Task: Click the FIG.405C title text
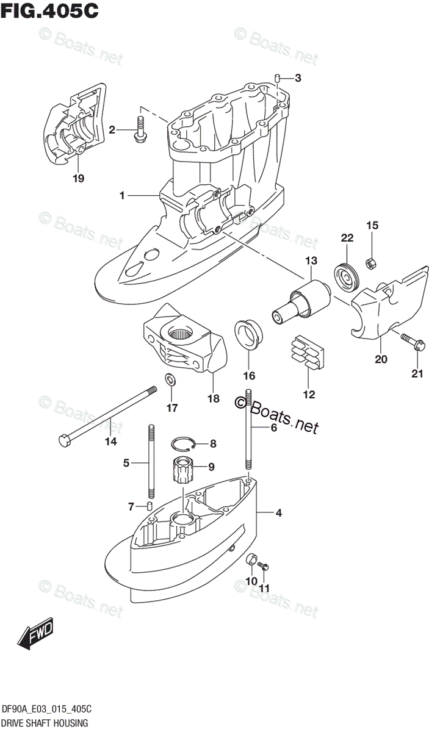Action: pos(50,12)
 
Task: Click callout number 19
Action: pos(78,178)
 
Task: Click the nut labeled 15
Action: pos(370,264)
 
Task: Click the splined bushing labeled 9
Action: pos(181,469)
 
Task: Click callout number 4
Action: pos(278,513)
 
